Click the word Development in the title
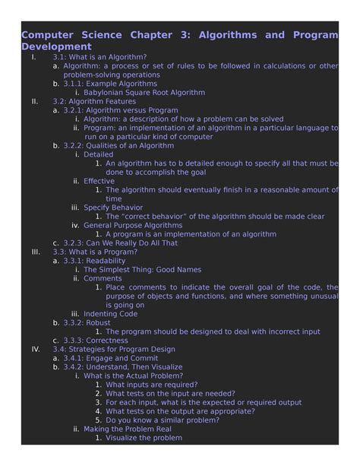[x=55, y=46]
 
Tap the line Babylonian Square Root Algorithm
[x=144, y=93]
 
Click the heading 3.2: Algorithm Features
[x=94, y=101]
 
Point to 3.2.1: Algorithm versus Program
[x=121, y=110]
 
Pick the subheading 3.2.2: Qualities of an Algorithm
[x=118, y=146]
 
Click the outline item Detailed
[x=98, y=154]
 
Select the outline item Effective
[x=99, y=181]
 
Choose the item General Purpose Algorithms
[x=133, y=225]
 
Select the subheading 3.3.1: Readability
[x=94, y=261]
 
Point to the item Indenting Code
[x=110, y=314]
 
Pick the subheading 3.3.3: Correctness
[x=96, y=341]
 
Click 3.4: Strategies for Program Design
[x=113, y=350]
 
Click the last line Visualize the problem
[x=144, y=438]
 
